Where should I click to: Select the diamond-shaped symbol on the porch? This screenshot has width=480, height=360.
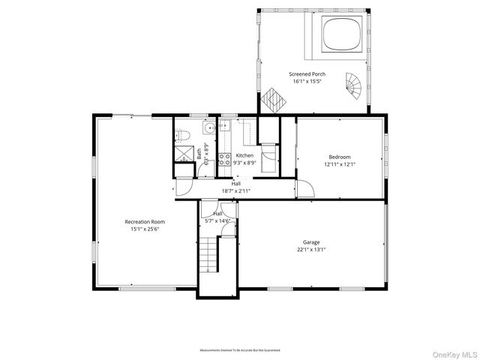click(x=271, y=99)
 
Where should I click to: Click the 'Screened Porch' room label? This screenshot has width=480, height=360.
click(x=307, y=73)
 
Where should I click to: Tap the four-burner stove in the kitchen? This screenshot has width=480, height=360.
click(x=223, y=158)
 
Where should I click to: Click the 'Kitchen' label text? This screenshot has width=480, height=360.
click(x=244, y=155)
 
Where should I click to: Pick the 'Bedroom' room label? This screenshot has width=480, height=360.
click(x=339, y=157)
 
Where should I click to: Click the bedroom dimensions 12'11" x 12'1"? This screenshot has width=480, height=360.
click(x=339, y=164)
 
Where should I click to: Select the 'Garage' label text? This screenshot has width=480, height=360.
click(x=311, y=242)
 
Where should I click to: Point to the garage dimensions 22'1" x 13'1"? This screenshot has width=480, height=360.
click(x=311, y=249)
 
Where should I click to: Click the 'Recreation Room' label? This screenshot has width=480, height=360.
click(x=145, y=222)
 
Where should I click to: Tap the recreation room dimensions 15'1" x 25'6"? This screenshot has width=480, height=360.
click(x=145, y=229)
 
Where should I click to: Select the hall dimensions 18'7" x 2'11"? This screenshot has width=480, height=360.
click(x=236, y=190)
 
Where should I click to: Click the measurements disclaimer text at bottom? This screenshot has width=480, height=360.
click(x=239, y=350)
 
